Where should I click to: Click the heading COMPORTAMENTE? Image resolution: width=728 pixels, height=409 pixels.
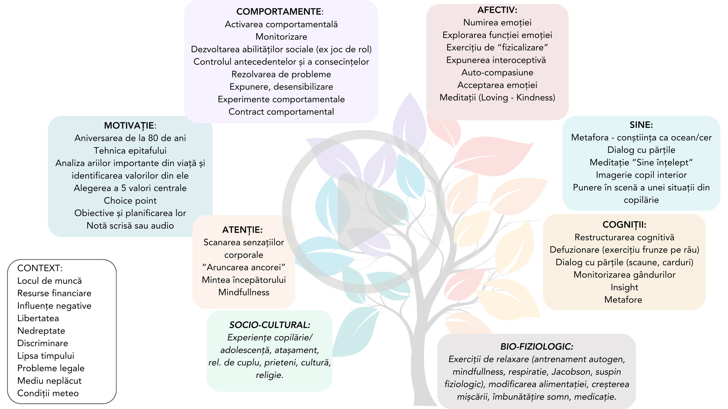click(279, 12)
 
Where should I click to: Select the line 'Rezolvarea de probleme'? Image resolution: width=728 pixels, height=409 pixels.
click(281, 74)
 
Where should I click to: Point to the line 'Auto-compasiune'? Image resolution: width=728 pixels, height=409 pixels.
click(497, 72)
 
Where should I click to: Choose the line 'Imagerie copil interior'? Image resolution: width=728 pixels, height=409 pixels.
click(641, 175)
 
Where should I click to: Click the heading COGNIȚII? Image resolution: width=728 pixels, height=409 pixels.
click(624, 225)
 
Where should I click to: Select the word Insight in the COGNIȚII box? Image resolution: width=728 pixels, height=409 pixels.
click(624, 287)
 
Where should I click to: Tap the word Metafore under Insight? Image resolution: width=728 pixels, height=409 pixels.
click(623, 300)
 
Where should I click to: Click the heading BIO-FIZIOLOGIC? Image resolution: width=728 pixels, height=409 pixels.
click(537, 347)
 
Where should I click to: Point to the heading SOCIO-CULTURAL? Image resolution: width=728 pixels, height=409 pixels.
click(270, 325)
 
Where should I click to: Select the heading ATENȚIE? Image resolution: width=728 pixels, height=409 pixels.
click(242, 230)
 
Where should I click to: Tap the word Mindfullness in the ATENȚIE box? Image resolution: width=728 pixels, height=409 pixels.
click(244, 292)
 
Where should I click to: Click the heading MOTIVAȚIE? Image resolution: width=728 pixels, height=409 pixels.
click(130, 126)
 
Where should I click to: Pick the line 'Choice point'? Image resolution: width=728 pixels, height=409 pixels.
click(130, 201)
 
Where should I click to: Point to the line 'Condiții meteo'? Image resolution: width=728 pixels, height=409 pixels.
click(48, 393)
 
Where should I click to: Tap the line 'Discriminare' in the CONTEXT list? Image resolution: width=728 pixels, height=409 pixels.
click(43, 343)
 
